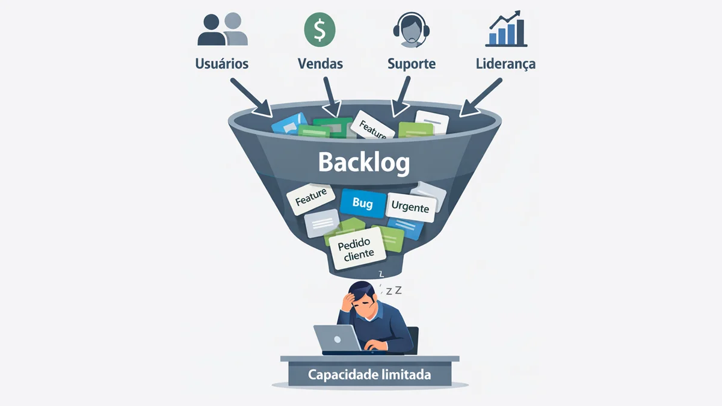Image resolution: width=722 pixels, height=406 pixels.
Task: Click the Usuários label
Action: (x=222, y=64)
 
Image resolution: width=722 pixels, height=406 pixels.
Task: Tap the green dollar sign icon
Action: (x=319, y=29)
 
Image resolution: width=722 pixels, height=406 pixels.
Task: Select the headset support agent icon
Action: (x=412, y=29)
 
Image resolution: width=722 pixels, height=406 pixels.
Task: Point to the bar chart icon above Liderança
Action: (x=506, y=29)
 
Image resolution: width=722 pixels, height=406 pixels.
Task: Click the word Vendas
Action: (x=320, y=64)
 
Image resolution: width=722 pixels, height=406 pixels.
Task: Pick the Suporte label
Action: (x=412, y=64)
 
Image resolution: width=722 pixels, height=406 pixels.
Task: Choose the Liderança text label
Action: (x=506, y=64)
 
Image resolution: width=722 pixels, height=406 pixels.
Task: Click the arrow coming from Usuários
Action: (x=251, y=97)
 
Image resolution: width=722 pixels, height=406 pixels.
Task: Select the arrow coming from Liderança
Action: (x=480, y=97)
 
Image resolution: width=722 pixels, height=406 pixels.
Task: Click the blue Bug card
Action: (x=363, y=203)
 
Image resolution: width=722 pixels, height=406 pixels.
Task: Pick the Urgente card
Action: (x=410, y=207)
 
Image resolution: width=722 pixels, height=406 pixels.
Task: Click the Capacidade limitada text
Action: (x=369, y=375)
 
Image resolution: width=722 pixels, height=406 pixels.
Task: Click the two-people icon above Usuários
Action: (x=223, y=29)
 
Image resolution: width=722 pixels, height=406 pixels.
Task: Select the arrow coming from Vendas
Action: (x=332, y=97)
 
